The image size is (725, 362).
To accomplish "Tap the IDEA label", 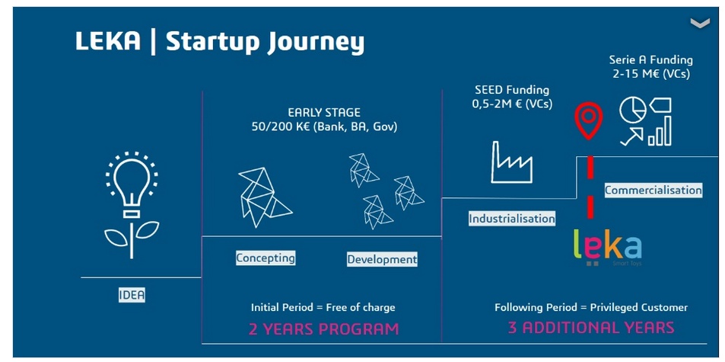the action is pos(132,295).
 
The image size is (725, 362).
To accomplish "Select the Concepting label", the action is pos(266,258).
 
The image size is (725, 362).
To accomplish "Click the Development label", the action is pos(382,259).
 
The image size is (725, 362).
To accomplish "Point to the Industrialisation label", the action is pos(512,219).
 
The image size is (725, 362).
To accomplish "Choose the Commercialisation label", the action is pos(653,191).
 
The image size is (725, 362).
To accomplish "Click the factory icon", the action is pos(511,162).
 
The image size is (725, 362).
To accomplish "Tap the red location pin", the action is pos(588,120).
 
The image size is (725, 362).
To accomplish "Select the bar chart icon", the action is pos(660,131).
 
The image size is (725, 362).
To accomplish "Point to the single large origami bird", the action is pos(264,197).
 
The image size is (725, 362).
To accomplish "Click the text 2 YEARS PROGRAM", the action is pos(323,329).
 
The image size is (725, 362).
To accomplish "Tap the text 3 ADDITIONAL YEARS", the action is pos(591,328).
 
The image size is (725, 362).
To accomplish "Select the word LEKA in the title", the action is pos(108,41).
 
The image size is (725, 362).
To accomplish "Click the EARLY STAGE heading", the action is pos(323,113).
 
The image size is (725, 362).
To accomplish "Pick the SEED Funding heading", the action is pos(512,90).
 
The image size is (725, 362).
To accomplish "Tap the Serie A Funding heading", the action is pos(651,59).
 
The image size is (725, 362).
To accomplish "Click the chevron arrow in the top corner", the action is pos(700,23).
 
